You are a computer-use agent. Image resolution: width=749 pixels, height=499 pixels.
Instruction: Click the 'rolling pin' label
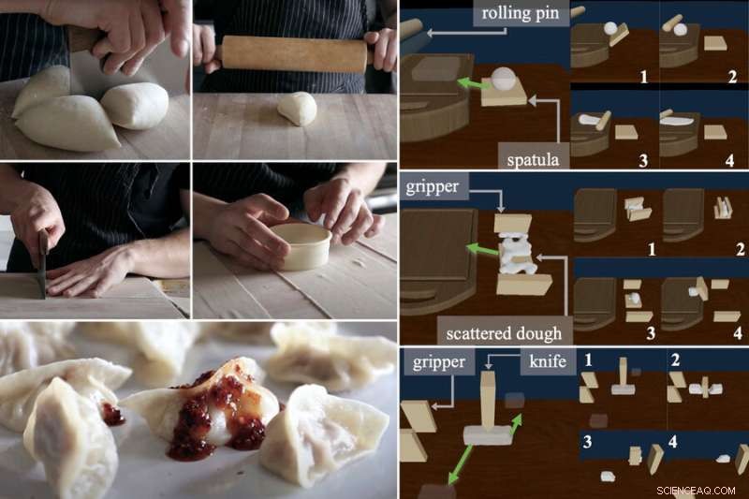tap(516, 15)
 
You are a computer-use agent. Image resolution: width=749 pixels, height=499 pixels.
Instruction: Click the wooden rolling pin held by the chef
tap(294, 52)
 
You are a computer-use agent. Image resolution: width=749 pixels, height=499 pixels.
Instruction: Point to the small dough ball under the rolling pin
tap(298, 108)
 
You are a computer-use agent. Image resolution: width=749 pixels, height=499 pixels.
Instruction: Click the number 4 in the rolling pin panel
tap(733, 159)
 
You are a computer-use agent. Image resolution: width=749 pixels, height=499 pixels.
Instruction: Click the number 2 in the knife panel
tap(675, 358)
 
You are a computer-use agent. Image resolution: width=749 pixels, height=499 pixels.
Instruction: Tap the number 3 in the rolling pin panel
tap(642, 159)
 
